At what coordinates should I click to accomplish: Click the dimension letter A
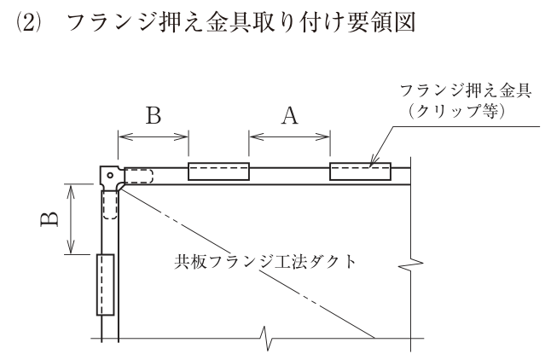click(289, 116)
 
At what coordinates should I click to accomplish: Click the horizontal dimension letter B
click(154, 115)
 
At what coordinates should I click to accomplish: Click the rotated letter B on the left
click(49, 219)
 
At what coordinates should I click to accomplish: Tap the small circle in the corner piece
click(110, 175)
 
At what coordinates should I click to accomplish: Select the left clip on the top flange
click(218, 171)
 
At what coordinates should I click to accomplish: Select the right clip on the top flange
click(360, 171)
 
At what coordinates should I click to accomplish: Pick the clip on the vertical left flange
click(106, 284)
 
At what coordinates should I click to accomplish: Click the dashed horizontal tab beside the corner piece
click(139, 176)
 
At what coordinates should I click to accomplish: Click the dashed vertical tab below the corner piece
click(110, 206)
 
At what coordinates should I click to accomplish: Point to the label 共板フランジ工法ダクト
click(265, 262)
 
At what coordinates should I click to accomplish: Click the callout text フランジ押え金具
click(466, 90)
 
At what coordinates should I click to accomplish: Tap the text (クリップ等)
click(457, 111)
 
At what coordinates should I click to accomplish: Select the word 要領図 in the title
click(381, 22)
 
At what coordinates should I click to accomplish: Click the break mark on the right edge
click(411, 265)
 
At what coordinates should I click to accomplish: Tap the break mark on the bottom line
click(265, 338)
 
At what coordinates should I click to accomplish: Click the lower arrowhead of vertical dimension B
click(71, 247)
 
